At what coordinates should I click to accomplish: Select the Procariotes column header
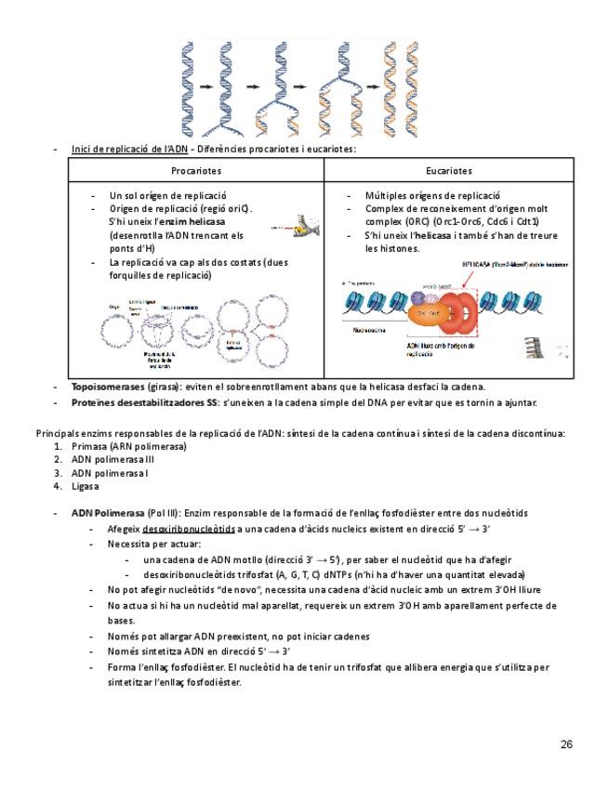[196, 171]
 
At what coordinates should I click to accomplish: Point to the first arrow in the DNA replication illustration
[207, 87]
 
